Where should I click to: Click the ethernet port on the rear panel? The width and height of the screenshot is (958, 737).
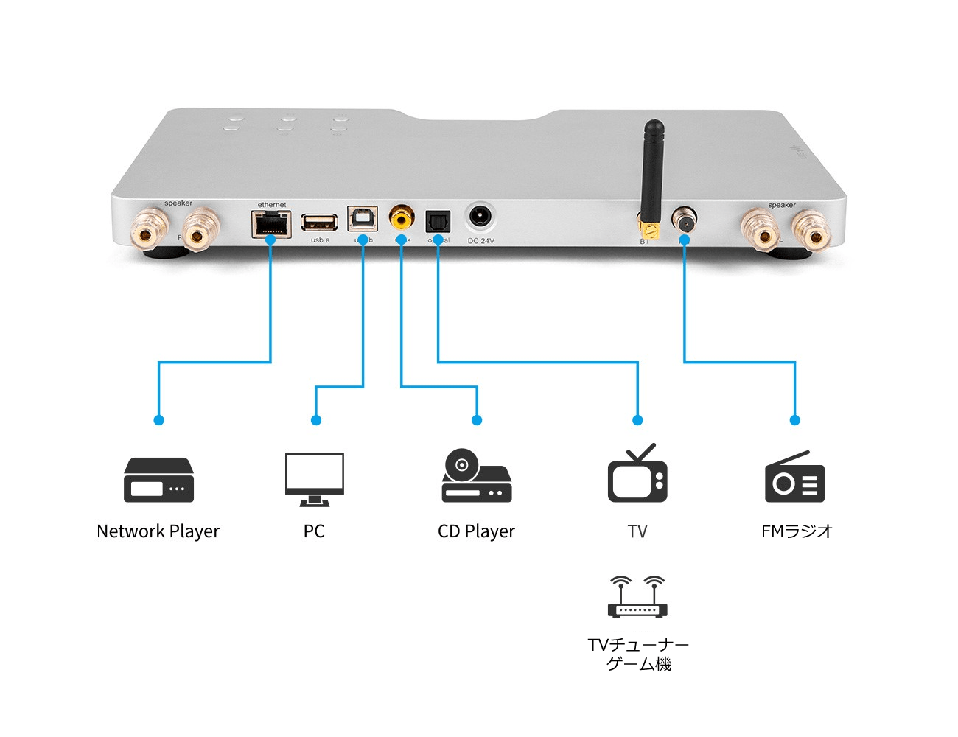271,223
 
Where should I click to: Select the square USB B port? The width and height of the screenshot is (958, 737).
363,219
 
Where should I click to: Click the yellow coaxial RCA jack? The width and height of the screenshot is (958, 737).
402,218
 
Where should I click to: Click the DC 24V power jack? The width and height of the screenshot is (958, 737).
480,217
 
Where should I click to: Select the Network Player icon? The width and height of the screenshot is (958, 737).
158,480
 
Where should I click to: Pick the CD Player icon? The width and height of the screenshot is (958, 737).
476,477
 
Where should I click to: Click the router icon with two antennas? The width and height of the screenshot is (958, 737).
637,596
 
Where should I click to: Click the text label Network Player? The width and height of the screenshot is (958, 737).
158,531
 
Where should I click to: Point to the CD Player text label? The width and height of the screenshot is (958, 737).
476,531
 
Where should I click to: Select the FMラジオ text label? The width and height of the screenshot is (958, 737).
797,531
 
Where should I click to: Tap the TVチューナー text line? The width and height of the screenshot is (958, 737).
638,645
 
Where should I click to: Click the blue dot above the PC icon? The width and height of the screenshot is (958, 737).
316,420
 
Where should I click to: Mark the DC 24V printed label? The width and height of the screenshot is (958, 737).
480,241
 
